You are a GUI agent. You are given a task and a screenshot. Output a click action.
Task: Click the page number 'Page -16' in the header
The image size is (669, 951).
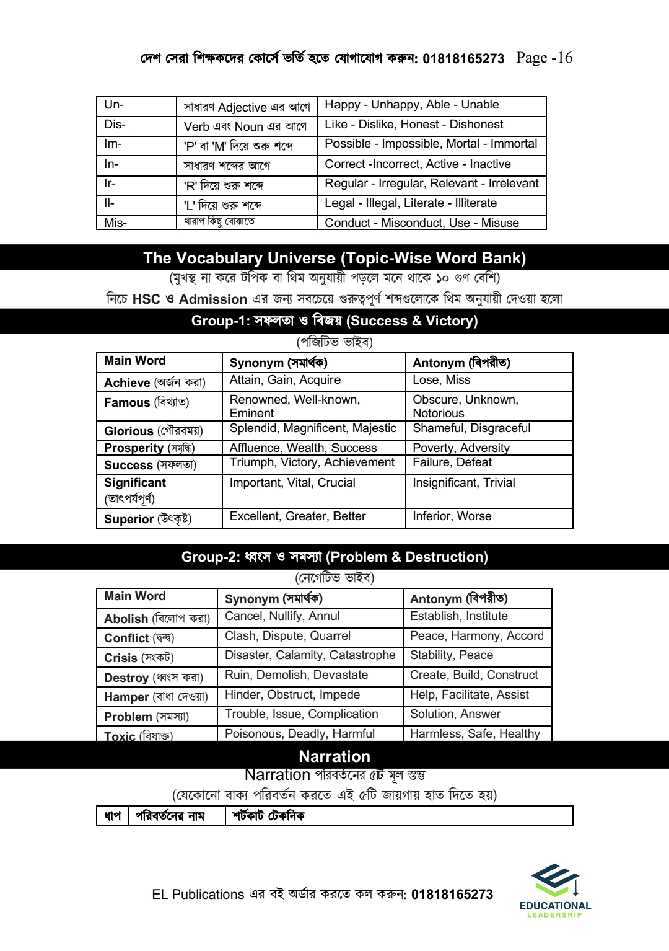[x=544, y=58]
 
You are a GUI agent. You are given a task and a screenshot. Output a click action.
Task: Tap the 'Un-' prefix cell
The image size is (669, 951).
[x=114, y=105]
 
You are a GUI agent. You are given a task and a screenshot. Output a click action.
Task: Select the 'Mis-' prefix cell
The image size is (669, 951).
[x=115, y=223]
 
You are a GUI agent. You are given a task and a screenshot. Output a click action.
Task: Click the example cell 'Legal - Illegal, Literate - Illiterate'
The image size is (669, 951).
[x=411, y=203]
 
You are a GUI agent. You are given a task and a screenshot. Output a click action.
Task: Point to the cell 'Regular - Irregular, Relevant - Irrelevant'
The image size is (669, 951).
[x=432, y=184]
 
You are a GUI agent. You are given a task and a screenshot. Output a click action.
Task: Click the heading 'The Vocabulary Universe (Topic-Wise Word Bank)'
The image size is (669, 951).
[x=334, y=258]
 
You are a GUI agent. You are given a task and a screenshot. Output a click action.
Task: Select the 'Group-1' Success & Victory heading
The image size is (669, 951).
[x=334, y=321]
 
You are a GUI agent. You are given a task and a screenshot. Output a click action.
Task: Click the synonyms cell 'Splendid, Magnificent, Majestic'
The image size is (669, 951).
[x=313, y=428]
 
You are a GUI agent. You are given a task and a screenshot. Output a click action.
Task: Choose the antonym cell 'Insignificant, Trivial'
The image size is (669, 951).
[x=464, y=483]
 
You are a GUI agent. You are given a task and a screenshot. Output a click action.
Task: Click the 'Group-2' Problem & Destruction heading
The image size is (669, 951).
[x=334, y=557]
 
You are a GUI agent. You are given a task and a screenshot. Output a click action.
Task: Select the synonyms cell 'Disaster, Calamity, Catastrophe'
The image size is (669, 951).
[x=310, y=655]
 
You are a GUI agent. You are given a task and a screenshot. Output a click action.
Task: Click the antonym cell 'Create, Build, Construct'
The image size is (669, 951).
[x=474, y=675]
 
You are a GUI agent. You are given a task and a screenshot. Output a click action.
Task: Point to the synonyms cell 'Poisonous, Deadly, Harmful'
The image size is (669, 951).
[x=300, y=734]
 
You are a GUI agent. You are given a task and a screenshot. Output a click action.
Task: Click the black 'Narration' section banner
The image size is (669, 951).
[x=334, y=756]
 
